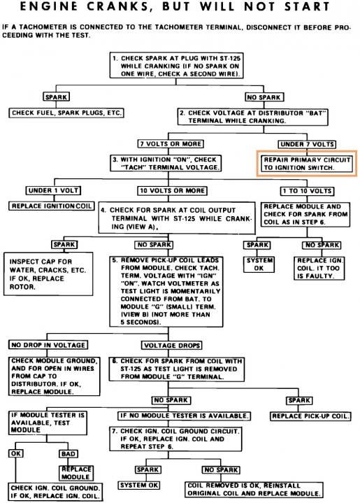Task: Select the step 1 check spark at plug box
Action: point(176,66)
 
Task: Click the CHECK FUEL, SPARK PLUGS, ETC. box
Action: point(66,113)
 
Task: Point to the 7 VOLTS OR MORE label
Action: point(171,143)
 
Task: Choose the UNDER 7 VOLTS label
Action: point(307,144)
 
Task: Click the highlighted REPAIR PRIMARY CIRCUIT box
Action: point(307,163)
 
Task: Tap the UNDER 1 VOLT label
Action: point(53,190)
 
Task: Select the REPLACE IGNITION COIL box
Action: point(52,206)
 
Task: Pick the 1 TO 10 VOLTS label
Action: point(307,191)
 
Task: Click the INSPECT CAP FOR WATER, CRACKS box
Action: point(48,274)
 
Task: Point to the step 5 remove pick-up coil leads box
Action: point(166,291)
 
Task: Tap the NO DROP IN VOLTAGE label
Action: point(48,345)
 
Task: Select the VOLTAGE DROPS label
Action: point(172,346)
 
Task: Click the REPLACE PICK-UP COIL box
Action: point(310,416)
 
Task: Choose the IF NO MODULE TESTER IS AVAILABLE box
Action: point(184,416)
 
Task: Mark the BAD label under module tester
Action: point(69,454)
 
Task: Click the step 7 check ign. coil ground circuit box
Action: point(175,439)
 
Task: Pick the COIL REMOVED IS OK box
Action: point(254,490)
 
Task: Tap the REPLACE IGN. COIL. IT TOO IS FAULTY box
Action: point(319,268)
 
